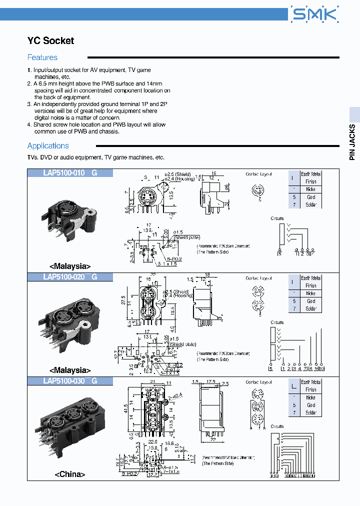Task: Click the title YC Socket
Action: coord(50,41)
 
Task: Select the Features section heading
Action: coord(42,57)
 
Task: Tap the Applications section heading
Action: coord(48,145)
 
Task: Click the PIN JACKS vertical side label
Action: coord(352,142)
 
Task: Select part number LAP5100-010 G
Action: coord(70,173)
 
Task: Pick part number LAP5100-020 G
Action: coord(70,277)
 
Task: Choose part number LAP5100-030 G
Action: coord(70,381)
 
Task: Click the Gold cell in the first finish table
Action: coord(311,197)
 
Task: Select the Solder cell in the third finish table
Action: coord(311,413)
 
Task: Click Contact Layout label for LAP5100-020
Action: coord(258,278)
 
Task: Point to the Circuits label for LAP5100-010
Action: coord(277,218)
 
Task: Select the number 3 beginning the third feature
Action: coord(29,104)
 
